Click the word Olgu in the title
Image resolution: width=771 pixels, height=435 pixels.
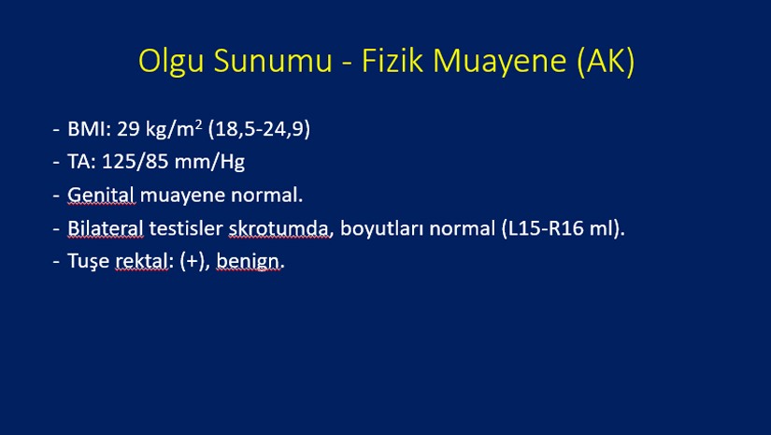pyautogui.click(x=171, y=62)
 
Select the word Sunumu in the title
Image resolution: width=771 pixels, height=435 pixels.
pyautogui.click(x=273, y=61)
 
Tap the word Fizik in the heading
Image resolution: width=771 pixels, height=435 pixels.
pyautogui.click(x=393, y=61)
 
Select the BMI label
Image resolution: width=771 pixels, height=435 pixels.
pyautogui.click(x=90, y=129)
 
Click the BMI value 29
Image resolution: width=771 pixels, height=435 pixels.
pyautogui.click(x=128, y=129)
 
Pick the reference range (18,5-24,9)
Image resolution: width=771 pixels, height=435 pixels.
pyautogui.click(x=259, y=129)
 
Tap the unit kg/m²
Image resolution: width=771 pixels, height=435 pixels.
pyautogui.click(x=174, y=129)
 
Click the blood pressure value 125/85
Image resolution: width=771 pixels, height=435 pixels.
pyautogui.click(x=136, y=162)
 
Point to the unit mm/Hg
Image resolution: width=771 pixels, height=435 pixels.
pyautogui.click(x=209, y=163)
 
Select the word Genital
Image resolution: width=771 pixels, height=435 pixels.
pyautogui.click(x=101, y=196)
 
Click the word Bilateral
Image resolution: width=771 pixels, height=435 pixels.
pyautogui.click(x=106, y=228)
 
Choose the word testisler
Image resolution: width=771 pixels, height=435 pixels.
pyautogui.click(x=186, y=229)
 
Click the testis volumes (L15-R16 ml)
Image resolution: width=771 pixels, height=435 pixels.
pyautogui.click(x=563, y=229)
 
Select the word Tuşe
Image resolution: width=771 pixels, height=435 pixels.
pyautogui.click(x=89, y=261)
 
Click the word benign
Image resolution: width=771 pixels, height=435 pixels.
pyautogui.click(x=248, y=262)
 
